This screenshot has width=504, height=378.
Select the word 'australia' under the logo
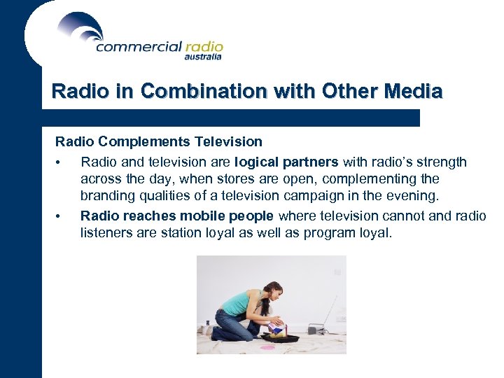point(203,57)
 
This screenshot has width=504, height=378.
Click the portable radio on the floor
point(316,329)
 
